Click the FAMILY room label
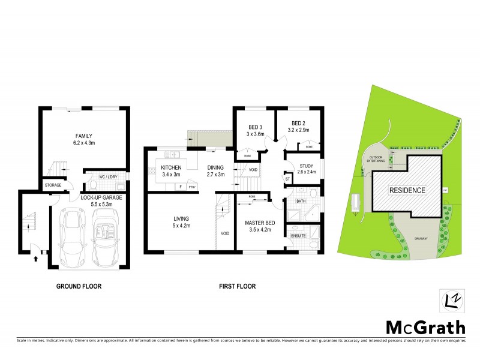(83, 136)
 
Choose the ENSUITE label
(298, 236)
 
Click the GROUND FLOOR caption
(79, 286)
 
